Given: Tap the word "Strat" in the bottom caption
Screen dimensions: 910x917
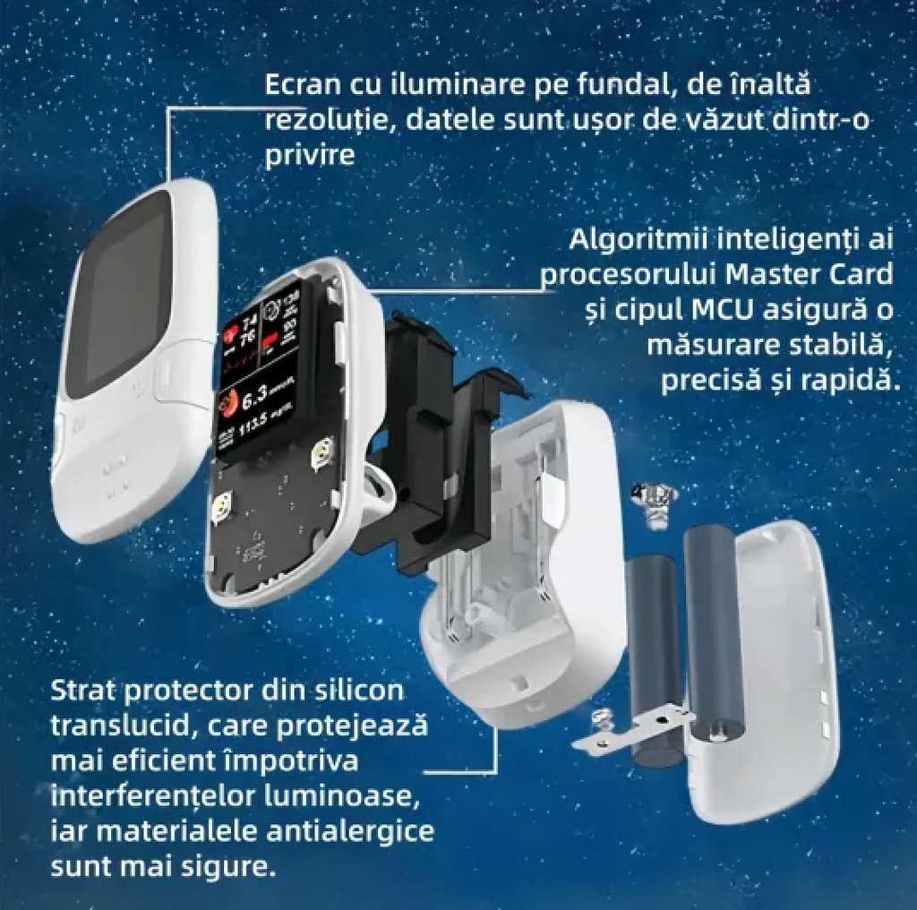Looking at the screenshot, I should click(87, 691).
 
